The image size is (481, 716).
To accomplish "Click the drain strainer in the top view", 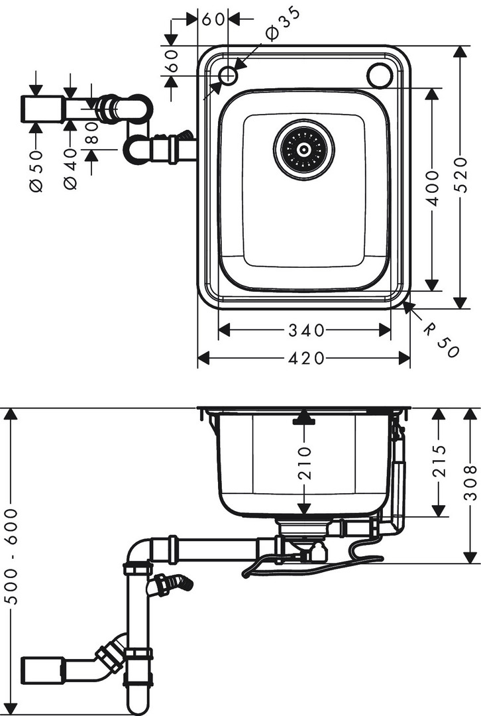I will click(304, 149).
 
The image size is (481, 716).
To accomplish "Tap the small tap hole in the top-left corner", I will click(227, 75).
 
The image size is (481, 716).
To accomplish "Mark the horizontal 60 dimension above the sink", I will click(213, 19).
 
